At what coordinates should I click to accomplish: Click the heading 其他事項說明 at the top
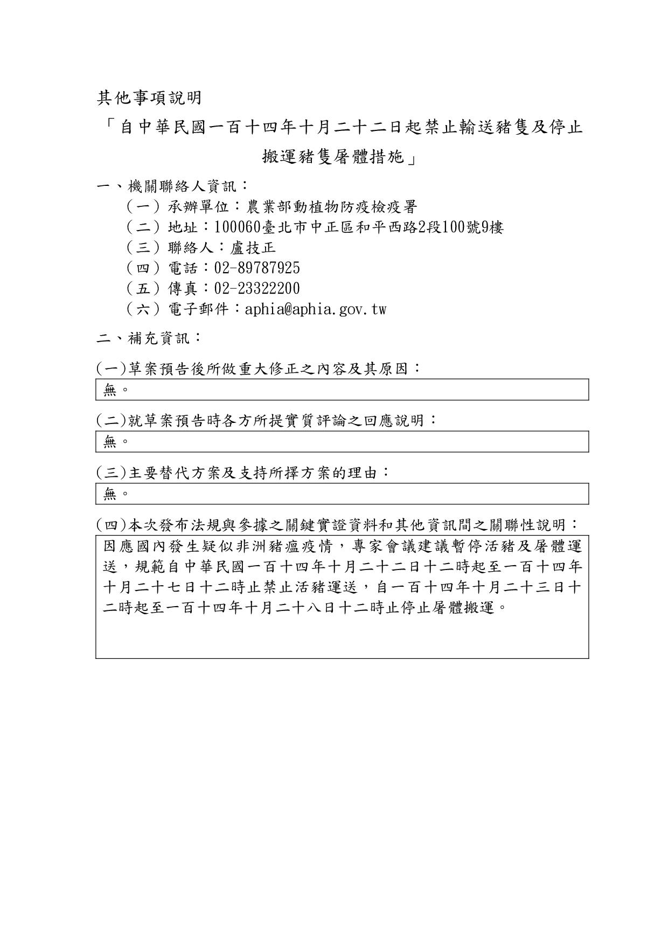click(x=149, y=98)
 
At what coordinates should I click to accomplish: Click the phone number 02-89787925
click(x=257, y=268)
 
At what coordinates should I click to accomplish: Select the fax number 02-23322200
click(x=257, y=289)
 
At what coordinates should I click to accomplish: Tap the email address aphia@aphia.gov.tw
click(x=315, y=309)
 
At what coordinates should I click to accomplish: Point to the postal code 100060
click(x=238, y=227)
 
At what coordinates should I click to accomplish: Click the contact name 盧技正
click(x=253, y=248)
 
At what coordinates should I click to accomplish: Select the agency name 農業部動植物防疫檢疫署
click(x=331, y=207)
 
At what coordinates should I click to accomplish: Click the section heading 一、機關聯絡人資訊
click(x=172, y=186)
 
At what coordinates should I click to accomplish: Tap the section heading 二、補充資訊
click(x=149, y=338)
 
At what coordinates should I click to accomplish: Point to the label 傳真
click(x=183, y=289)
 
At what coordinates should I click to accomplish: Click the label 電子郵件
click(x=198, y=309)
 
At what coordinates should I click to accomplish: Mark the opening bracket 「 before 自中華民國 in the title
click(x=109, y=127)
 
